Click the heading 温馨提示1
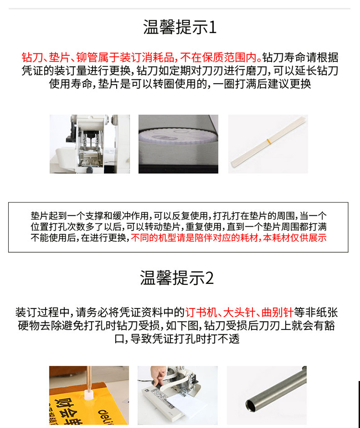(180, 27)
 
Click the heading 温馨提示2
(177, 278)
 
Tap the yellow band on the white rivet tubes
(268, 141)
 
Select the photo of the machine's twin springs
(90, 144)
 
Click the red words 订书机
(201, 312)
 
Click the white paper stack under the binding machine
(185, 409)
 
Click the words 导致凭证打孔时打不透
(185, 339)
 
